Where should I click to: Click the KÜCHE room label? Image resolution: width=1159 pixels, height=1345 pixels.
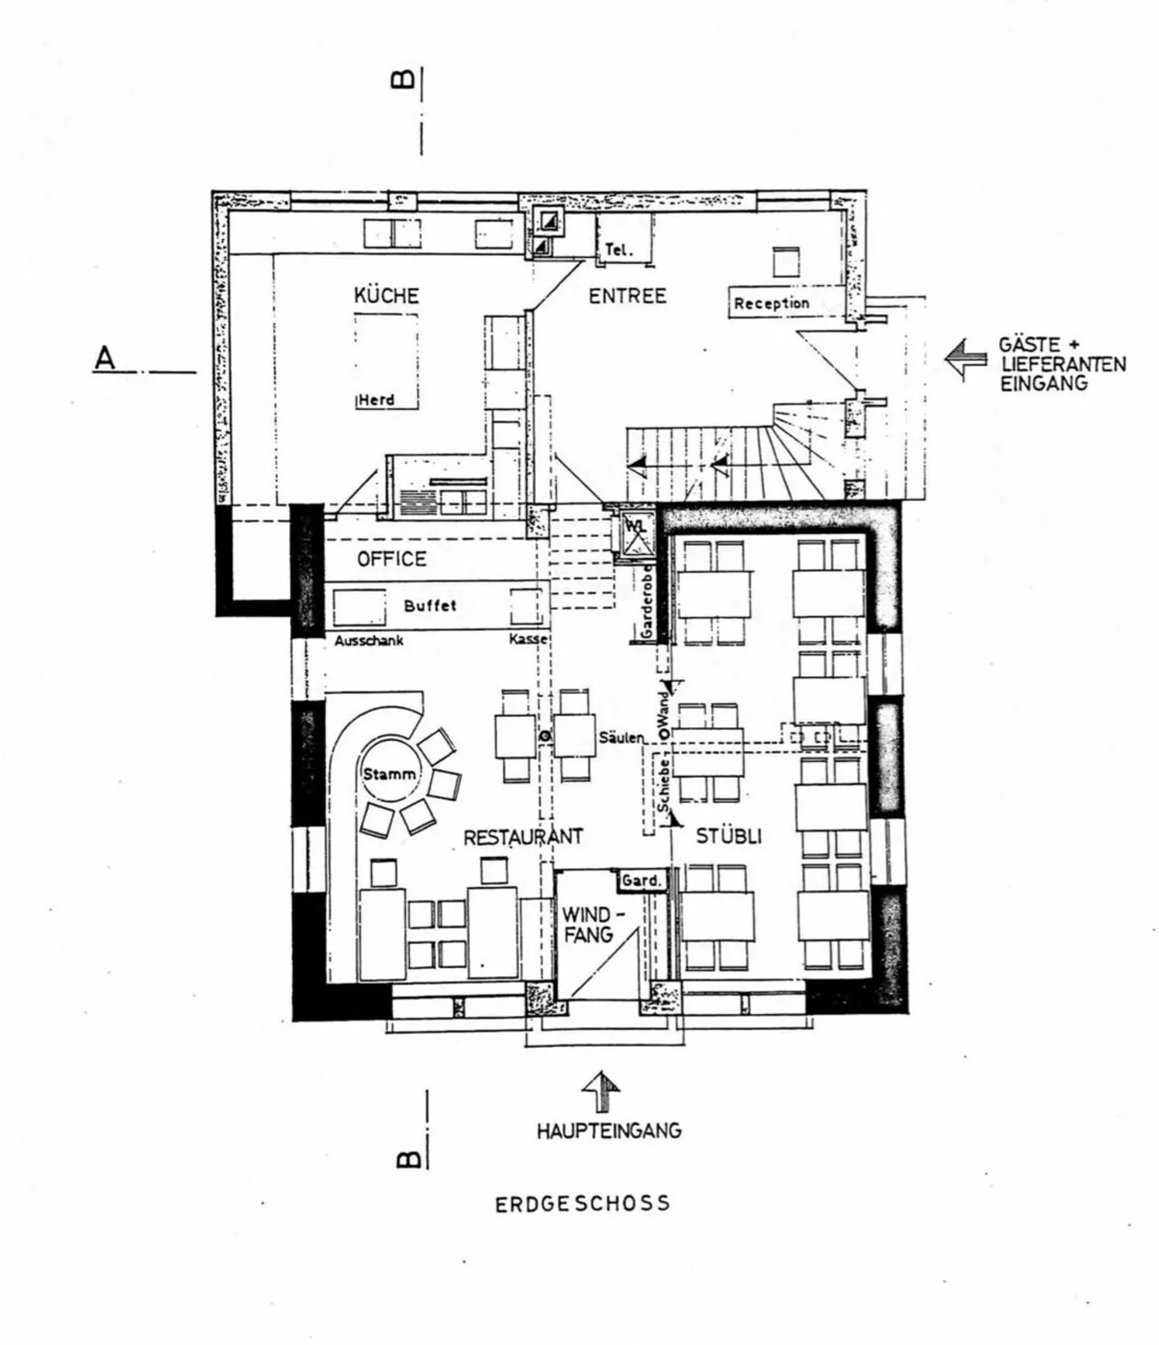386,296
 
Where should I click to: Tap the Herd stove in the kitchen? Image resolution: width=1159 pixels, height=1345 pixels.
386,361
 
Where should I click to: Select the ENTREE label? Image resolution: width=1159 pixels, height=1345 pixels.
627,296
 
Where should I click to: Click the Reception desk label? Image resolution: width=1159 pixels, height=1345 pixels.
771,304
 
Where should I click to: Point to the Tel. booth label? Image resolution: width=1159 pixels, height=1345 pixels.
618,250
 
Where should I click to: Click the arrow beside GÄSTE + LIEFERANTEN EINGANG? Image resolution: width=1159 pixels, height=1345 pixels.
966,358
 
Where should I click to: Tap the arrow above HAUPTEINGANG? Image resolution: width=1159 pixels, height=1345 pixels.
600,1091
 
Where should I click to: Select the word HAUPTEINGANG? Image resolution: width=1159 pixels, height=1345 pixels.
608,1131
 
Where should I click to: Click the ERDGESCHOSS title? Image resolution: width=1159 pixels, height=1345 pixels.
582,1204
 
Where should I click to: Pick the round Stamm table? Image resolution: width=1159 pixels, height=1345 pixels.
390,774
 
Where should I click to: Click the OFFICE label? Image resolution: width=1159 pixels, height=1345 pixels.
391,559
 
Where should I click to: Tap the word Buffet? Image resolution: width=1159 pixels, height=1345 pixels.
430,606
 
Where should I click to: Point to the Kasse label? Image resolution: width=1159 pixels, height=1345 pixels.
528,639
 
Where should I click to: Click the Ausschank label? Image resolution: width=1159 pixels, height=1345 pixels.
369,641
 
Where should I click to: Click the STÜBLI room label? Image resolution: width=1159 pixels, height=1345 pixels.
728,836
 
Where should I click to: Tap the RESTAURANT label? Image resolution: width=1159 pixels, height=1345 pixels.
522,838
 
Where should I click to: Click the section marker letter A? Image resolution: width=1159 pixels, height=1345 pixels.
105,358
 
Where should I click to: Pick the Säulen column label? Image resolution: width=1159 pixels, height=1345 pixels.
621,738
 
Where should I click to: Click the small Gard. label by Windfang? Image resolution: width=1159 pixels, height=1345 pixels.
641,880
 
